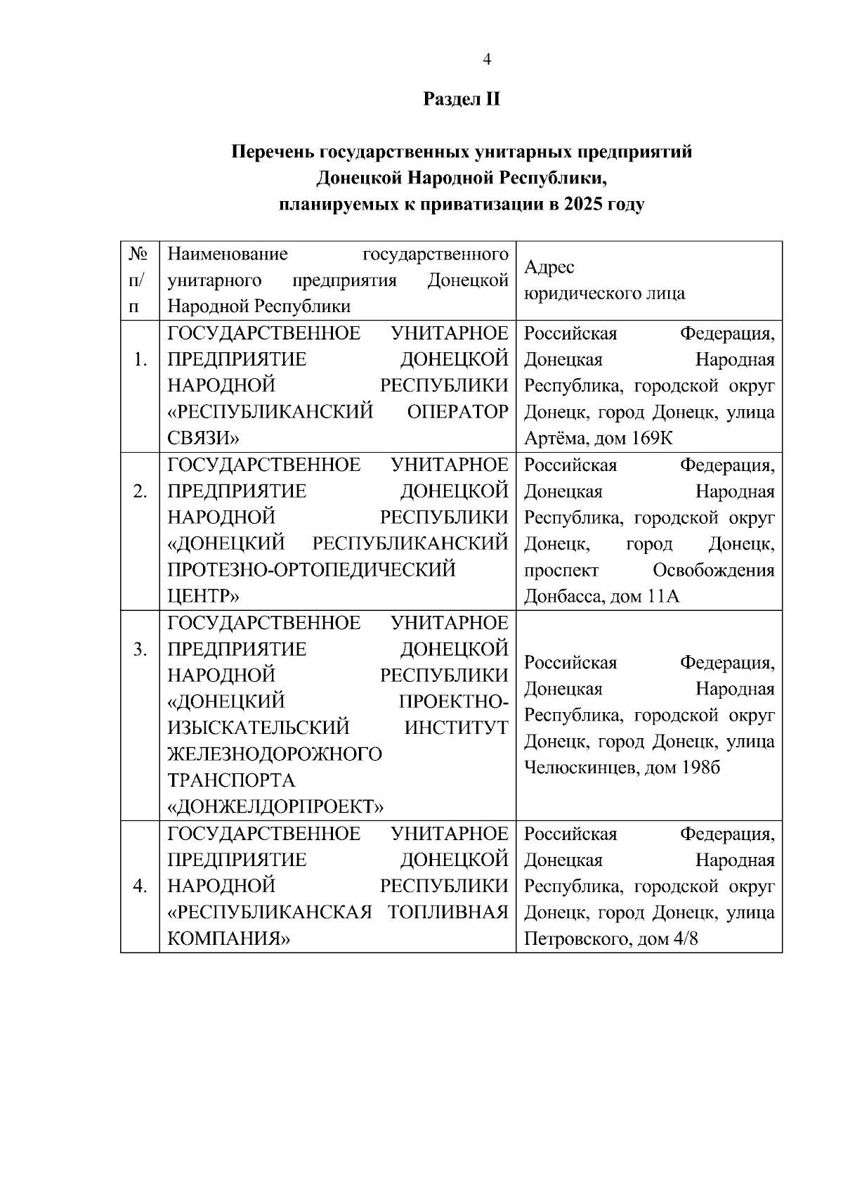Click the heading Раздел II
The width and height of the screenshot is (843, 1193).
point(461,99)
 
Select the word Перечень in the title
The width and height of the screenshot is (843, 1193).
point(273,152)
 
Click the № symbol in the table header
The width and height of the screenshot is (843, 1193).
point(138,254)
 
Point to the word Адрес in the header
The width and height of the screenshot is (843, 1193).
point(549,267)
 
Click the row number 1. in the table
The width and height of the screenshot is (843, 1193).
point(140,360)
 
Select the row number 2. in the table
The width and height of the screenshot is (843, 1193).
point(140,491)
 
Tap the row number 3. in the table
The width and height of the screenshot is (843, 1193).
point(140,650)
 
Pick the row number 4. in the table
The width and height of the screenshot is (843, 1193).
point(140,886)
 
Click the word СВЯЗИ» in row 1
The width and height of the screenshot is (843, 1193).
point(203,439)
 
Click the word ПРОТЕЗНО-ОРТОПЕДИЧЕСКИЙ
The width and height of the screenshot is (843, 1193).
point(311,570)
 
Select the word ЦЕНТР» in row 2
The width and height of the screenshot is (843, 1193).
point(203,597)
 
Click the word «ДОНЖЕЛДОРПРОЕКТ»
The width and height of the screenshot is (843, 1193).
point(275,807)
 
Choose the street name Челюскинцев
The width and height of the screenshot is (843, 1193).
point(573,768)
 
